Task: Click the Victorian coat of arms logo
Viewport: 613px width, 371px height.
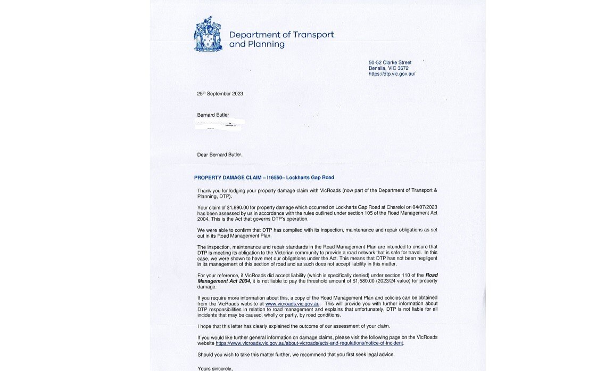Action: pyautogui.click(x=208, y=34)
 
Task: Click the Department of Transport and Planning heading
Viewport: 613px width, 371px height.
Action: pyautogui.click(x=281, y=39)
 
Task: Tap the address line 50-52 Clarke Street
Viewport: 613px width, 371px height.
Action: pyautogui.click(x=390, y=62)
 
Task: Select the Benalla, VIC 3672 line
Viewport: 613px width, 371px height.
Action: pyautogui.click(x=388, y=68)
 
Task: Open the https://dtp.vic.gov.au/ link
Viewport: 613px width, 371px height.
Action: pyautogui.click(x=392, y=74)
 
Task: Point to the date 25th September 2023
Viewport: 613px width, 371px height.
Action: pyautogui.click(x=220, y=94)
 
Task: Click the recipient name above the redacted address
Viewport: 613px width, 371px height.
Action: pyautogui.click(x=213, y=115)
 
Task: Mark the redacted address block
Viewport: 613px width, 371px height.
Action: pyautogui.click(x=219, y=125)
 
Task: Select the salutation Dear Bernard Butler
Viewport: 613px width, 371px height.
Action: pyautogui.click(x=219, y=155)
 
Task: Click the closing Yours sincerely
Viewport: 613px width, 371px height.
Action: pyautogui.click(x=215, y=368)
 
